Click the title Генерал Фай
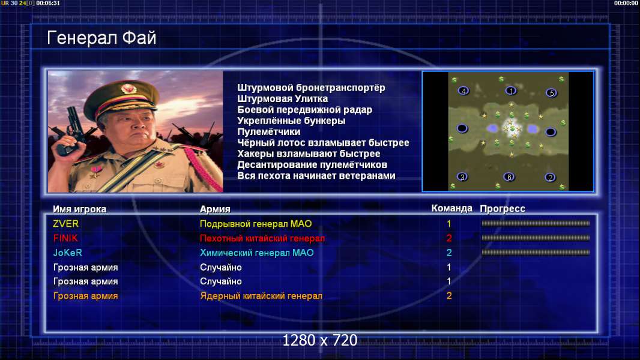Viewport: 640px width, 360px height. click(x=101, y=38)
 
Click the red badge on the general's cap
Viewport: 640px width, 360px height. click(x=128, y=88)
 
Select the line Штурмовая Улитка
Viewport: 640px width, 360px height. click(x=282, y=98)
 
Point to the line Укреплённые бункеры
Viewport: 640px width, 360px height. click(x=291, y=121)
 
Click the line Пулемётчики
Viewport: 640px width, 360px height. click(x=269, y=131)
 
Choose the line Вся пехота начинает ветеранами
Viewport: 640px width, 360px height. click(x=316, y=176)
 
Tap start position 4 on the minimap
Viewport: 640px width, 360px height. click(x=463, y=91)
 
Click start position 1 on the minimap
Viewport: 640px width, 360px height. click(x=511, y=91)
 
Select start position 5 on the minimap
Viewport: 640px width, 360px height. click(x=551, y=93)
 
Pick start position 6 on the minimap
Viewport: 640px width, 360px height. click(x=509, y=177)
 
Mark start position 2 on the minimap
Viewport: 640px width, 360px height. click(x=550, y=178)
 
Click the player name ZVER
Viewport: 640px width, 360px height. click(x=65, y=224)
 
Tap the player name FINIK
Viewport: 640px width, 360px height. click(x=65, y=238)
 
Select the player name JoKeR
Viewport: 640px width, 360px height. click(x=68, y=253)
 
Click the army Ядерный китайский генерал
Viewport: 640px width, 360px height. click(x=261, y=296)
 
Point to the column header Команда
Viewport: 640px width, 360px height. click(x=452, y=208)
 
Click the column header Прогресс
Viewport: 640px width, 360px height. click(x=503, y=208)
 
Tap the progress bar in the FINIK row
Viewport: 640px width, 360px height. click(x=536, y=238)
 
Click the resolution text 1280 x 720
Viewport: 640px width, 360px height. click(x=320, y=340)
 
